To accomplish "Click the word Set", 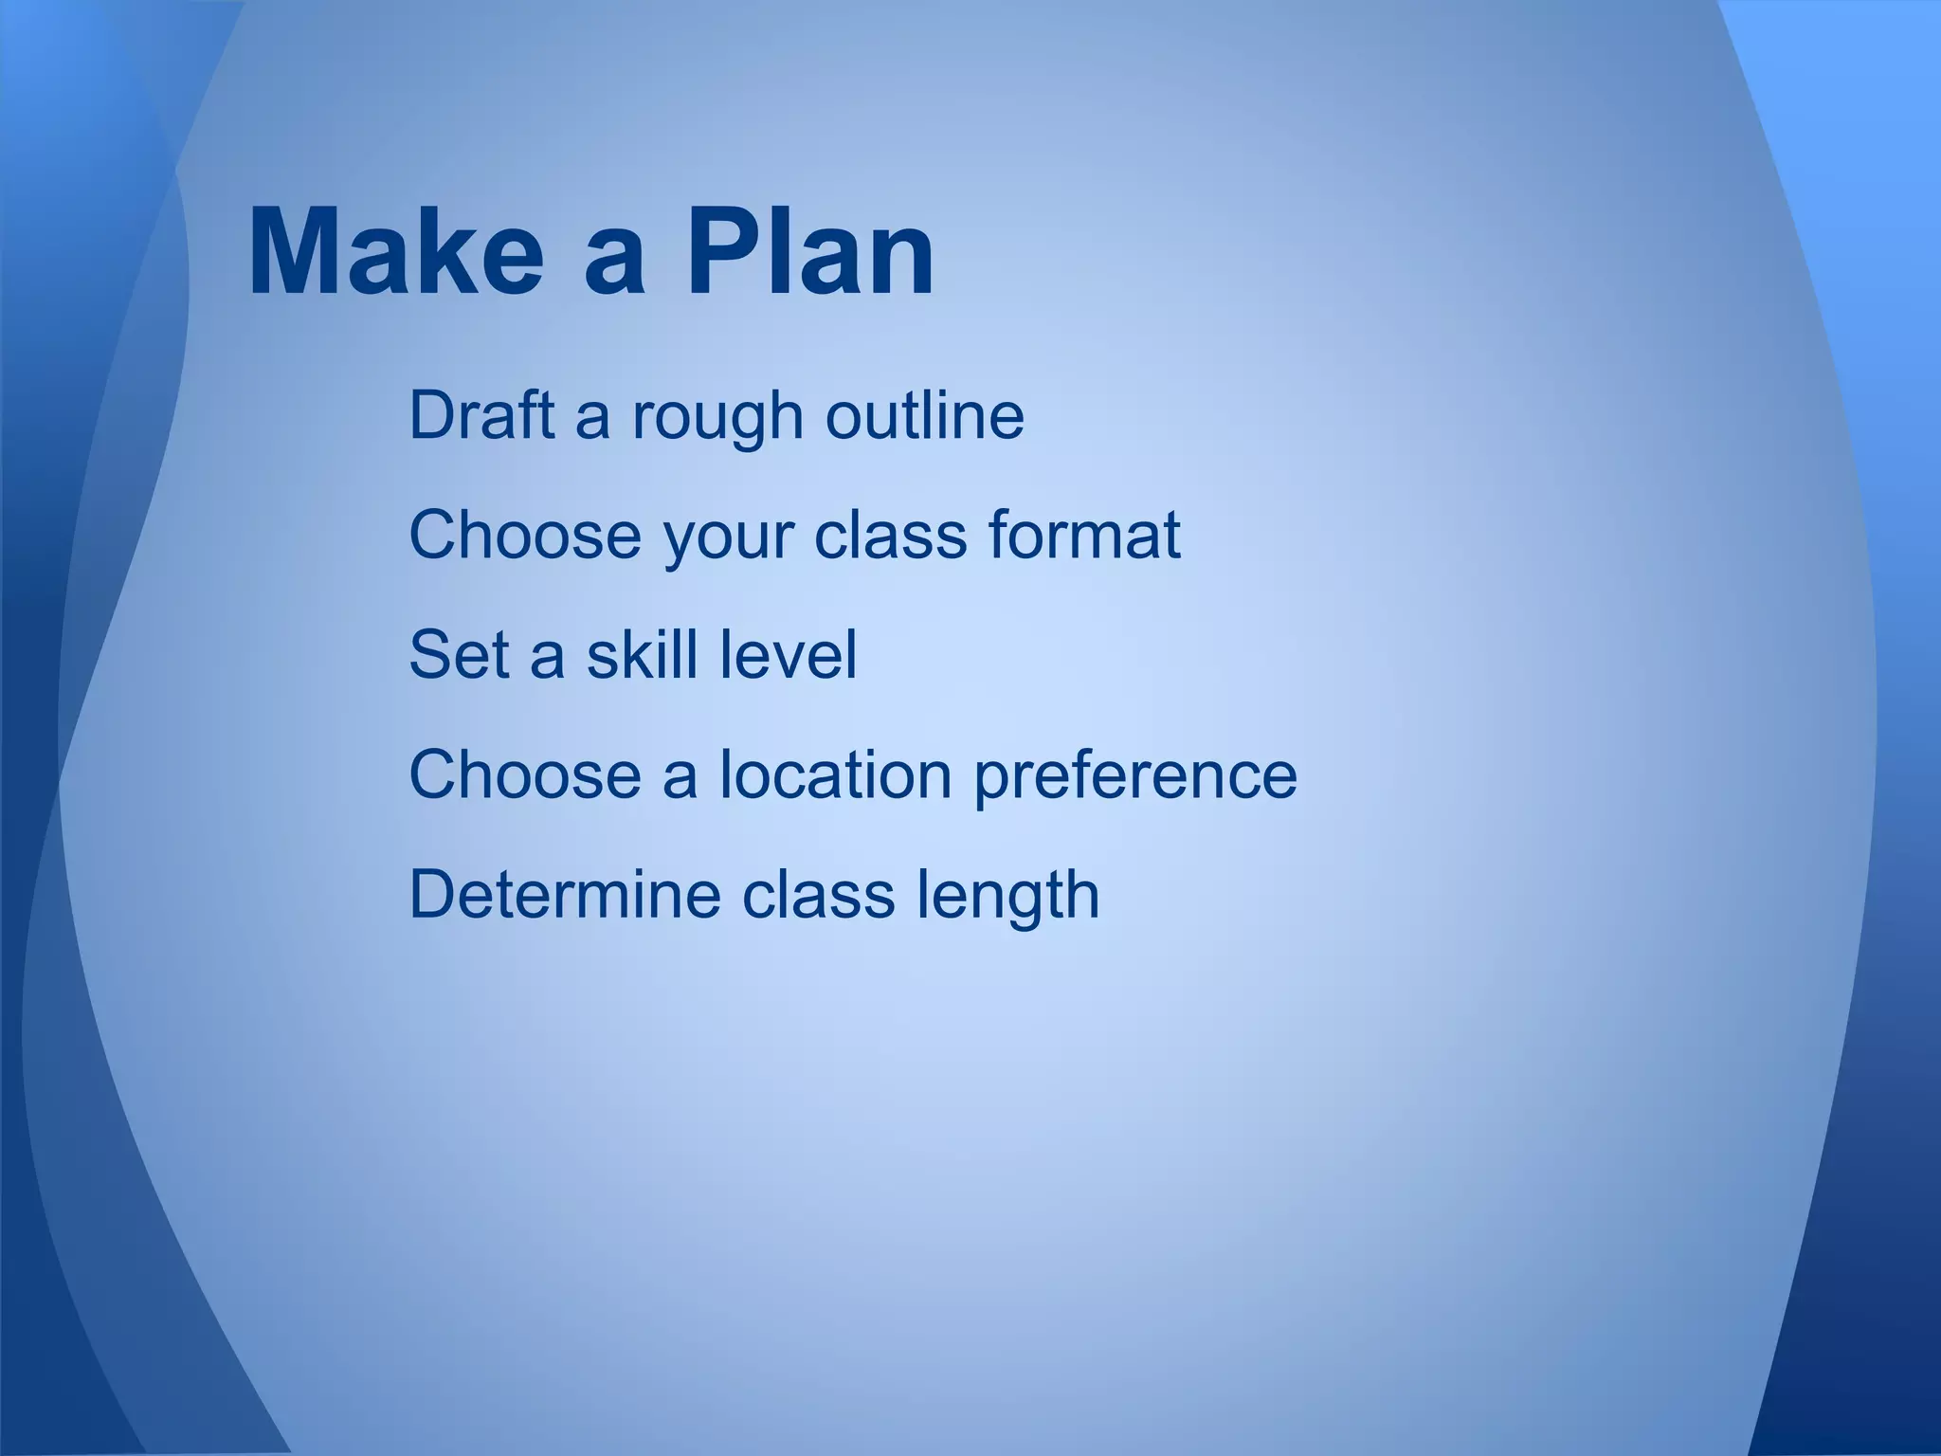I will pyautogui.click(x=460, y=655).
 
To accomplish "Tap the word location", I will pyautogui.click(x=835, y=774).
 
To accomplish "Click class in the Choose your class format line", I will pyautogui.click(x=890, y=535).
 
